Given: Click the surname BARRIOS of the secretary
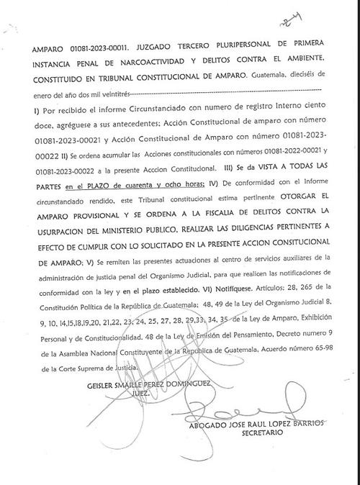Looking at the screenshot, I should click(300, 424).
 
